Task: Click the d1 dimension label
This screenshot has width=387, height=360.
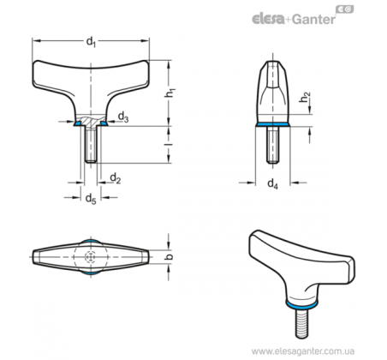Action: click(91, 42)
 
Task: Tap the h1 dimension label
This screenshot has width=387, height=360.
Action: click(170, 93)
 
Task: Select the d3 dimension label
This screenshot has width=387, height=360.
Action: click(123, 117)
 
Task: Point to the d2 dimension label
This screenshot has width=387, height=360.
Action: click(116, 178)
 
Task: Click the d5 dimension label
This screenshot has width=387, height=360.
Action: click(91, 199)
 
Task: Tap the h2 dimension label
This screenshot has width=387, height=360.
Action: click(306, 97)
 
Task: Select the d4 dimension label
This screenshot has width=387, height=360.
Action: click(272, 183)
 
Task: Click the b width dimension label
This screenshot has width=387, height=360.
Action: click(170, 256)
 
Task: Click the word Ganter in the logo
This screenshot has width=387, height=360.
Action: click(314, 20)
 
